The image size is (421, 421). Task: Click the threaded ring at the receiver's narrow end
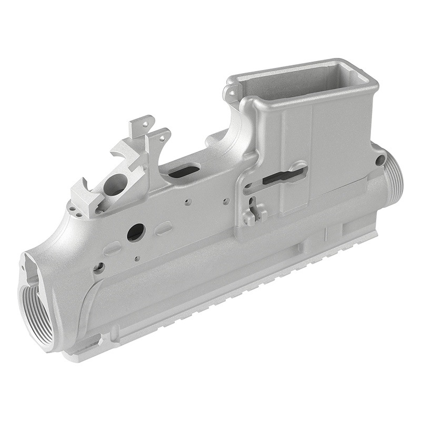pos(394,176)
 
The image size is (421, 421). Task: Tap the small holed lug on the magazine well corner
pos(230,94)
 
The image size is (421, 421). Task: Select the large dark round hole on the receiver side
pos(136,232)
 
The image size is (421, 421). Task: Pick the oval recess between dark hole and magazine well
pos(164,227)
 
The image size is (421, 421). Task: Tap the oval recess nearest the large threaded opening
pos(112,247)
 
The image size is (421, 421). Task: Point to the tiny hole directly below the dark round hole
pos(137,258)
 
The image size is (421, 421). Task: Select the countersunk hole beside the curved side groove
pos(98,267)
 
